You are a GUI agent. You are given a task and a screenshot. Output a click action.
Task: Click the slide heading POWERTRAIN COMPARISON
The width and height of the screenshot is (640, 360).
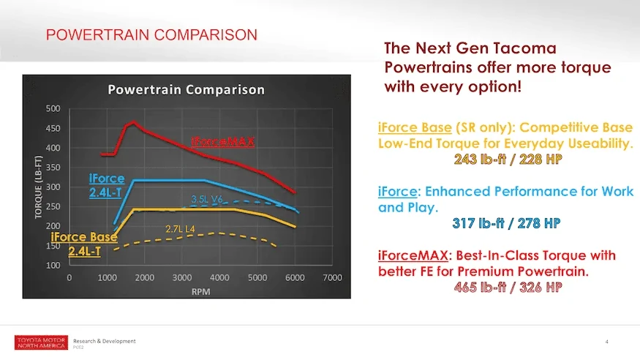point(151,34)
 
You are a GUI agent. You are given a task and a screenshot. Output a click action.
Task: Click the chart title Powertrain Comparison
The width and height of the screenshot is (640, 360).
point(187,90)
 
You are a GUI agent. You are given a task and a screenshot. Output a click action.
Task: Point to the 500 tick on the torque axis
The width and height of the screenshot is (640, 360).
point(53,109)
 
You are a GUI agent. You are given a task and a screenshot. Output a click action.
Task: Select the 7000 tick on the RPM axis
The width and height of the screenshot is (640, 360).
point(333,278)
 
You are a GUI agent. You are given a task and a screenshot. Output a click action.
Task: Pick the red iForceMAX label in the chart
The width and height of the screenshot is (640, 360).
point(223,140)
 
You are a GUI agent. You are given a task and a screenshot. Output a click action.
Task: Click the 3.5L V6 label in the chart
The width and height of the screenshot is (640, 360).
point(207,199)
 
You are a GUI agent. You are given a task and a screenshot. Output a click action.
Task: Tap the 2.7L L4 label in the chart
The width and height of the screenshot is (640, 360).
point(180,229)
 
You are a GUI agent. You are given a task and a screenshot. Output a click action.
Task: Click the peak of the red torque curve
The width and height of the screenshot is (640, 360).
point(133,122)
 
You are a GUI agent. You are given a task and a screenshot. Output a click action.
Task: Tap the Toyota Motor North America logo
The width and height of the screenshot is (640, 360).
point(41,343)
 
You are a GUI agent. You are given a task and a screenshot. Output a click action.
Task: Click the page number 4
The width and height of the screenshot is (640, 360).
point(607,342)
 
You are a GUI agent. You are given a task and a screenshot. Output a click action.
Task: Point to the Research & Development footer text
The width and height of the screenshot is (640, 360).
point(104,341)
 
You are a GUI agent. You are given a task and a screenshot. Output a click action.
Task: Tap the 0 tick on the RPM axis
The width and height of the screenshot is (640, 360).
point(69,278)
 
